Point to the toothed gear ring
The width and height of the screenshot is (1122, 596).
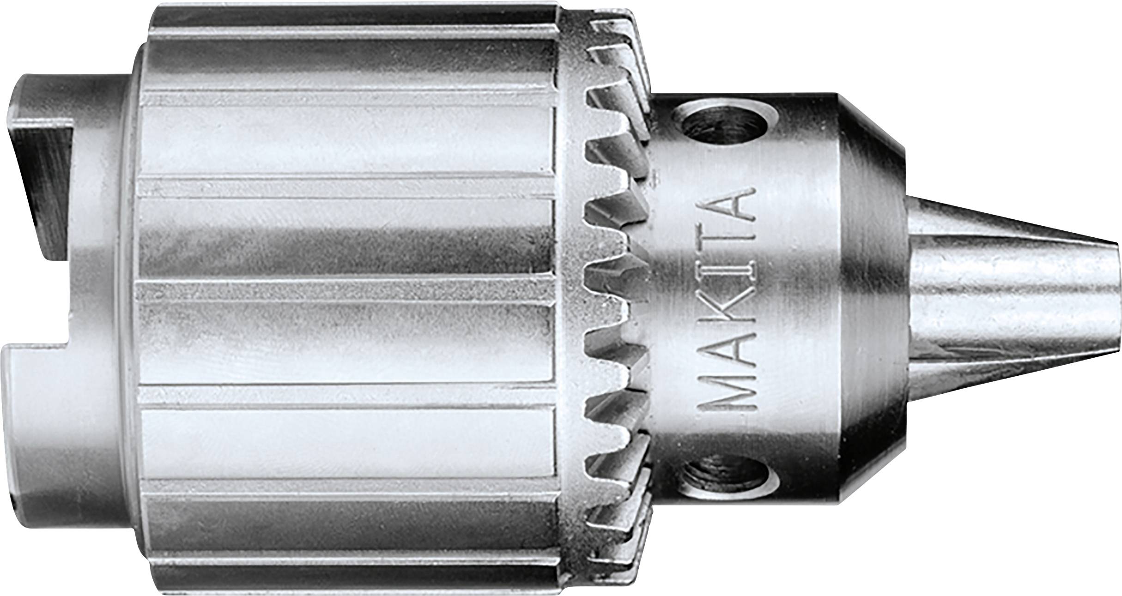click(x=610, y=295)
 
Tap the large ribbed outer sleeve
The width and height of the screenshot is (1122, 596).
click(x=346, y=295)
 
